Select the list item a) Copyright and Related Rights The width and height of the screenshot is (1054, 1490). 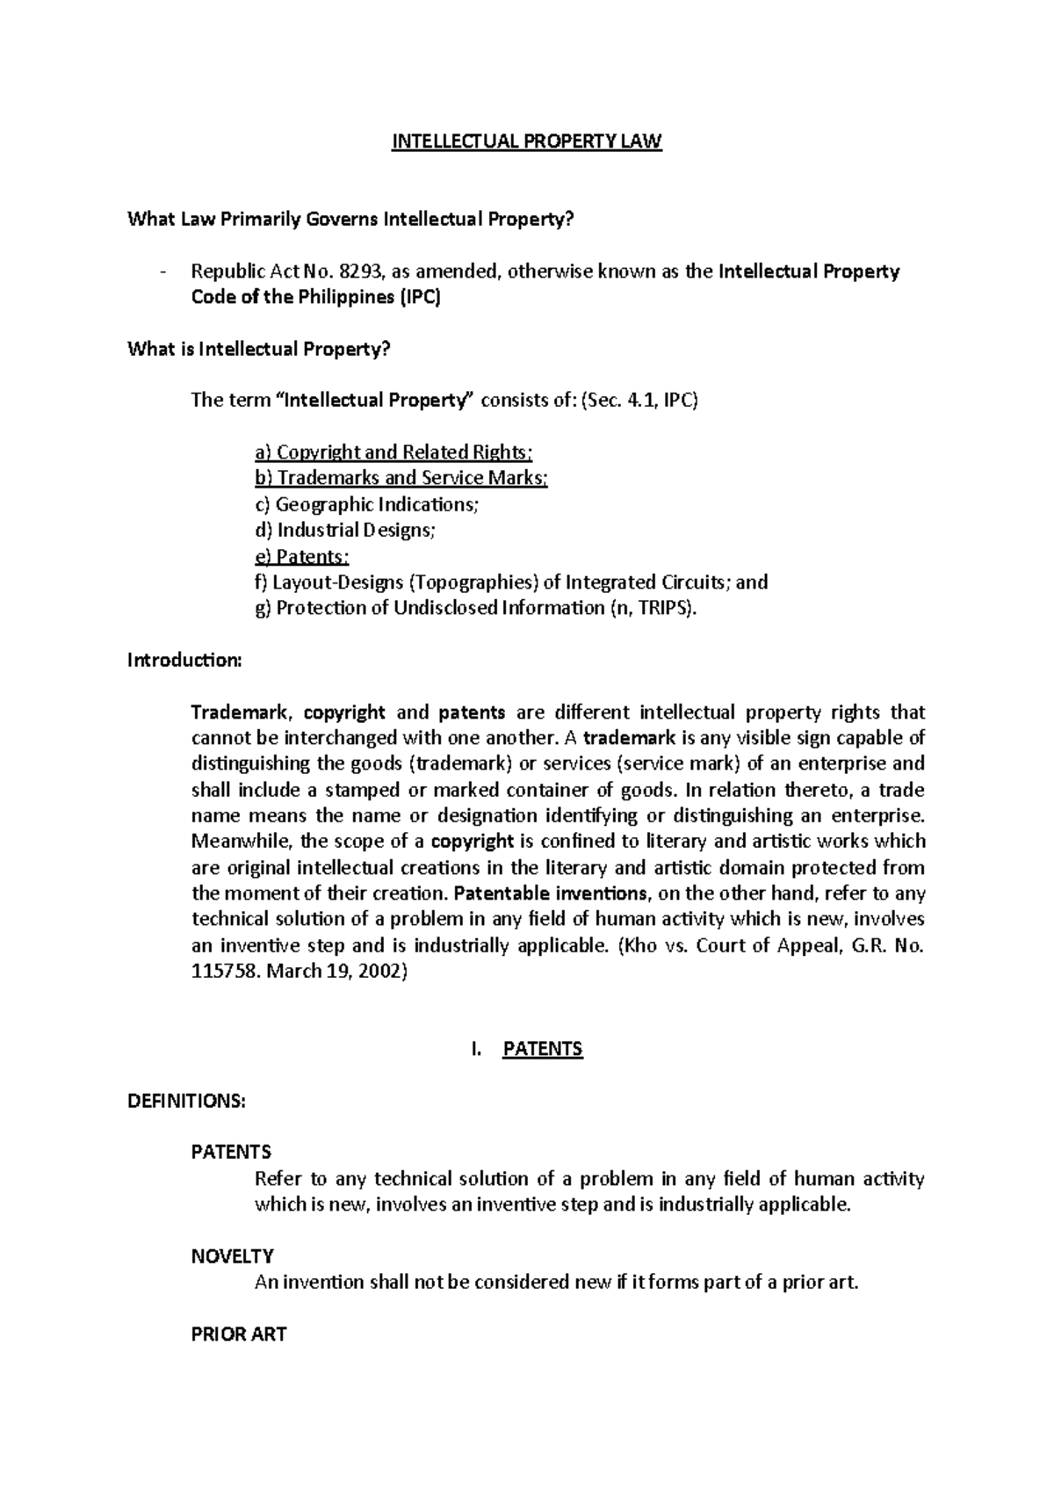tap(393, 452)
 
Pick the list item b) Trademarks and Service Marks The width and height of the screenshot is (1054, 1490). tap(401, 478)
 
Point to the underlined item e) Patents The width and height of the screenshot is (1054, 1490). tap(301, 556)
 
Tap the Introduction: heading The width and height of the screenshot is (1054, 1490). tap(184, 660)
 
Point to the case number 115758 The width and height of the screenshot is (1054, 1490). tap(226, 972)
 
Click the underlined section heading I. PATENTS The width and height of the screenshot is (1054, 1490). tap(527, 1049)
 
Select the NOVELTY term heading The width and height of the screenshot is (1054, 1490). tap(232, 1256)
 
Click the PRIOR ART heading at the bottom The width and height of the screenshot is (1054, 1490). tap(239, 1334)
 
